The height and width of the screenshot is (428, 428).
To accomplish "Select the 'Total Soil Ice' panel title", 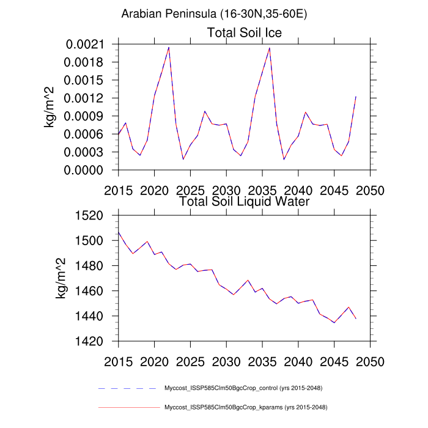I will pyautogui.click(x=245, y=32).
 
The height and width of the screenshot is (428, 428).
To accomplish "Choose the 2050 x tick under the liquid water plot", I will pyautogui.click(x=370, y=361).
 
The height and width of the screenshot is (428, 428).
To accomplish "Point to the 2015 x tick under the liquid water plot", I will pyautogui.click(x=119, y=361).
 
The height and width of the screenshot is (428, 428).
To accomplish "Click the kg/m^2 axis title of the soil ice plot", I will pyautogui.click(x=50, y=107).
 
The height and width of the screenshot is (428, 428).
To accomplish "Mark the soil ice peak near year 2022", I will pyautogui.click(x=169, y=47).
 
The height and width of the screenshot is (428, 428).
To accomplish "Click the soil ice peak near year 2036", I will pyautogui.click(x=270, y=47).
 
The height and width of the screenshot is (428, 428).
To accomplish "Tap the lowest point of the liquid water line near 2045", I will pyautogui.click(x=334, y=322).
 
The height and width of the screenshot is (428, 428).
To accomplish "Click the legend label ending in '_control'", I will pyautogui.click(x=243, y=388).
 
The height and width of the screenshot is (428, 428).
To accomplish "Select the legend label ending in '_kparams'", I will pyautogui.click(x=243, y=407).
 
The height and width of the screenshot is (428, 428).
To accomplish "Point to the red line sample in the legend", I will pyautogui.click(x=128, y=407).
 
